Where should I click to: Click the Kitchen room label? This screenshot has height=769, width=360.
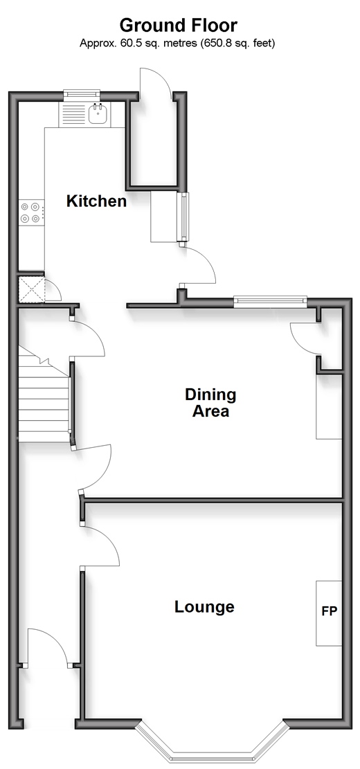pyautogui.click(x=97, y=201)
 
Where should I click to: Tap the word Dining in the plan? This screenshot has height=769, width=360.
pyautogui.click(x=210, y=394)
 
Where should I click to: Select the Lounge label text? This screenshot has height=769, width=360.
pyautogui.click(x=204, y=607)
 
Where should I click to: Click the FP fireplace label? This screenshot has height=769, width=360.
pyautogui.click(x=330, y=611)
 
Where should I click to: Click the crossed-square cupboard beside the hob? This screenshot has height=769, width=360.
pyautogui.click(x=31, y=290)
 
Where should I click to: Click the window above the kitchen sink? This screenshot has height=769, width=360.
pyautogui.click(x=82, y=93)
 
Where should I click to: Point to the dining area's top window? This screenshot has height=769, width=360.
pyautogui.click(x=270, y=302)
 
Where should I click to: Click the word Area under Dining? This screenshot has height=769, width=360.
pyautogui.click(x=210, y=411)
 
